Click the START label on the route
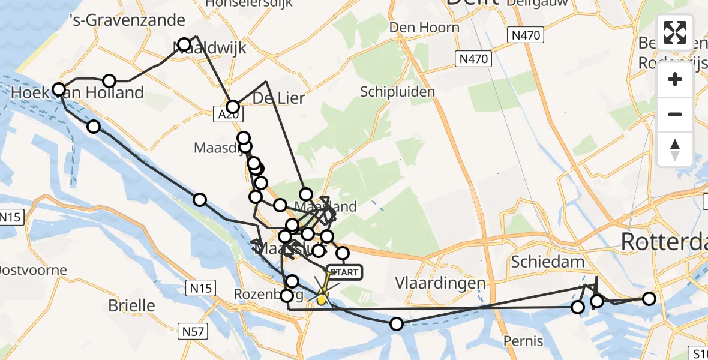point(344,272)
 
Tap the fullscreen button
point(675,32)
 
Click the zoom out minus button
point(675,114)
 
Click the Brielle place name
point(131,305)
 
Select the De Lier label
point(278,98)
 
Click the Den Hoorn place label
point(424,27)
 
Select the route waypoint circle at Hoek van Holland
point(59,90)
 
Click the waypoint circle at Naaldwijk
point(184,44)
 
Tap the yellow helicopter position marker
point(322,297)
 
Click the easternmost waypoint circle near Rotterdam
point(649,298)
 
